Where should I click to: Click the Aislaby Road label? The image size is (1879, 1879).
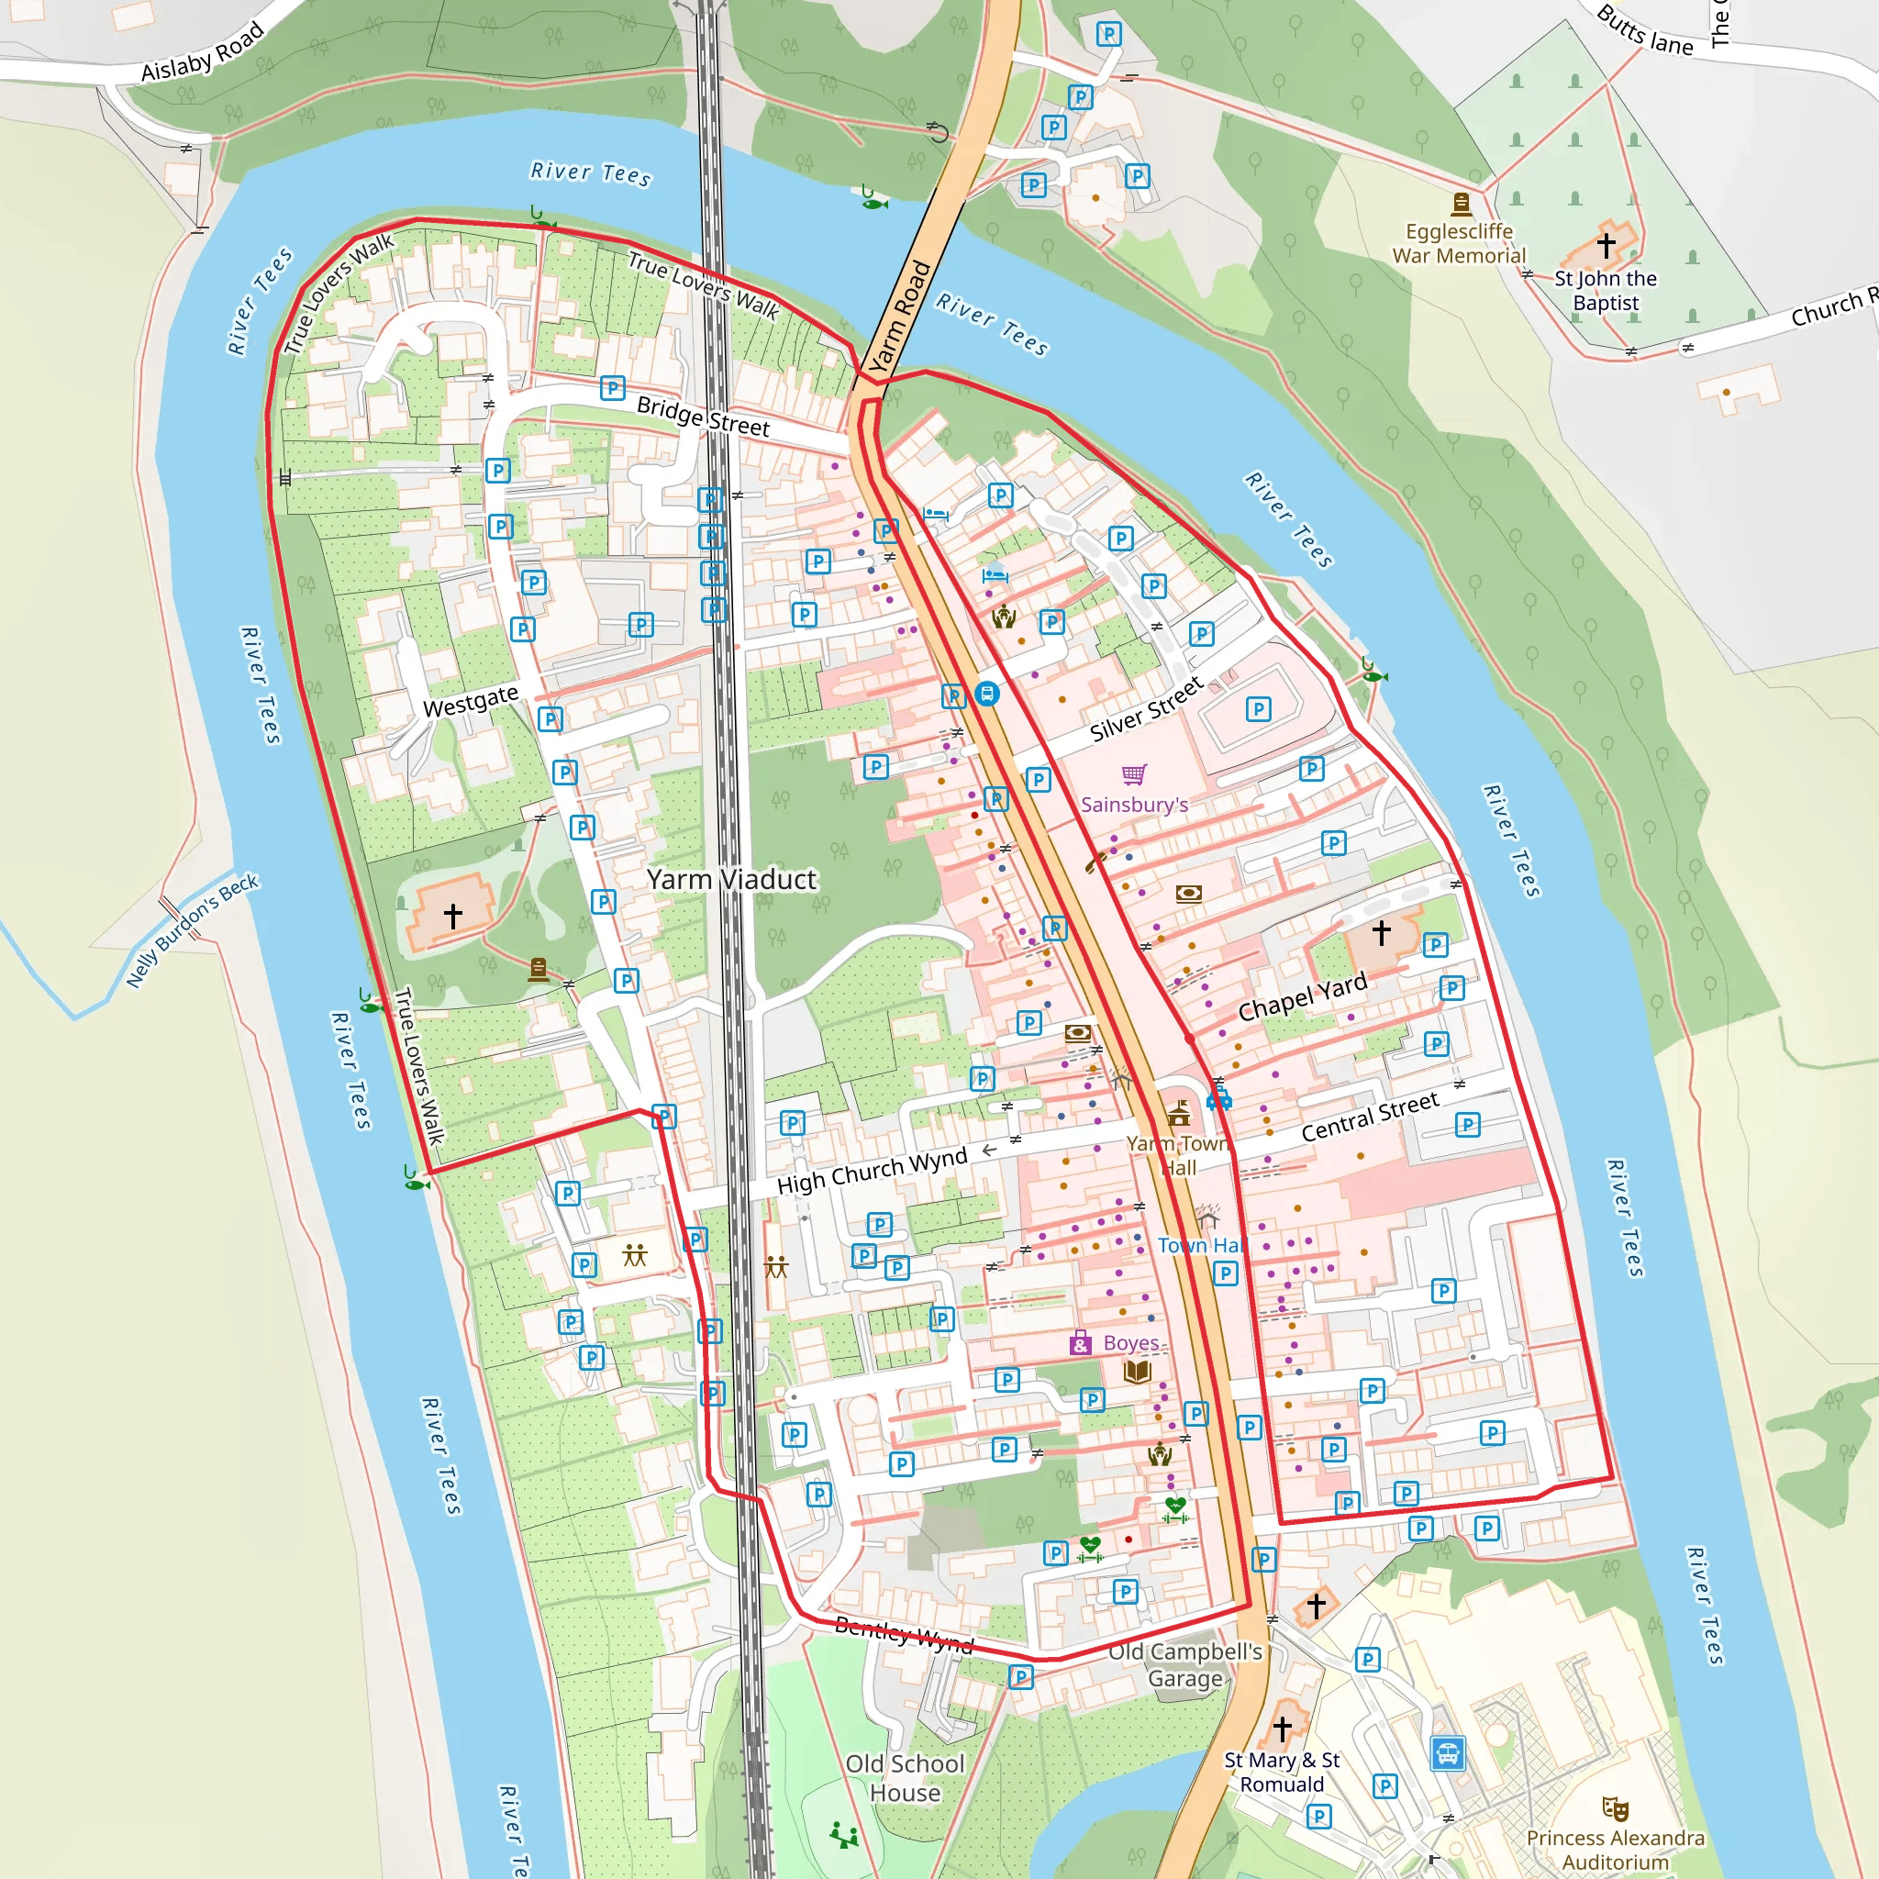coord(202,52)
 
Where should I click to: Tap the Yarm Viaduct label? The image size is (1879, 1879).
coord(731,879)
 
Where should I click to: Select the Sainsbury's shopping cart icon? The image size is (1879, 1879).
coord(1134,774)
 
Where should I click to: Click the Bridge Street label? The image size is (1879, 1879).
coord(702,417)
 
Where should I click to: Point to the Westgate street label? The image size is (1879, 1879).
coord(471,700)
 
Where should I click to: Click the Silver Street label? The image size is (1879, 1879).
coord(1147,710)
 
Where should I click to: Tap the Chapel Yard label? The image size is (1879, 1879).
coord(1302,997)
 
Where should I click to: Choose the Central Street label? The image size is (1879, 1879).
coord(1370,1117)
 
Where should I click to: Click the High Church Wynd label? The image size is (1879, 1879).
coord(872,1171)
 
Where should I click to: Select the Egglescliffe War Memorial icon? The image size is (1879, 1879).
coord(1461,204)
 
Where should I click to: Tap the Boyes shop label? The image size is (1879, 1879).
coord(1130,1343)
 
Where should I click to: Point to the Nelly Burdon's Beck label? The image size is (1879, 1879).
coord(193,929)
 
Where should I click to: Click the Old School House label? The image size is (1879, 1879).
coord(905,1778)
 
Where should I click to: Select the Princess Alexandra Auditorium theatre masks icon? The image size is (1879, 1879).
coord(1615,1808)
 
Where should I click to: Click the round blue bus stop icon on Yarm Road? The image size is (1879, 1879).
coord(987,694)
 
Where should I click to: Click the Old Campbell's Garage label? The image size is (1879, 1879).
coord(1184,1665)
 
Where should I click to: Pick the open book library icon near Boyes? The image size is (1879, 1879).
coord(1137,1373)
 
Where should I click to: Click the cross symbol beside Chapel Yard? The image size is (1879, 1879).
coord(1381,932)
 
